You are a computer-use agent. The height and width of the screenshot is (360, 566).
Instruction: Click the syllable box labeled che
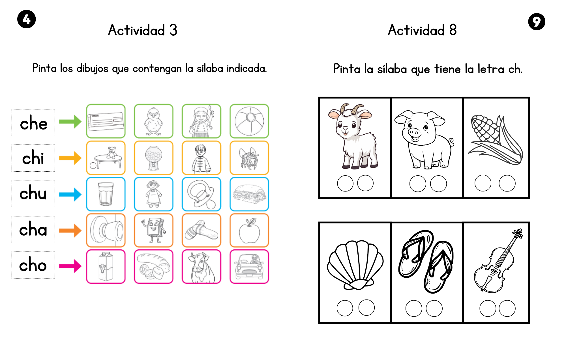tap(33, 123)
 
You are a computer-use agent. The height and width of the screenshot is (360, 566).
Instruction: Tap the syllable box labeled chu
tap(33, 194)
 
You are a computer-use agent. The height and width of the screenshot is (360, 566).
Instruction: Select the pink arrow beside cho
tap(70, 266)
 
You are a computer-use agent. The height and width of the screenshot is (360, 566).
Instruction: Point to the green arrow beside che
tap(70, 122)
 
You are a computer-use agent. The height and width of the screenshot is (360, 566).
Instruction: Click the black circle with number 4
tap(27, 19)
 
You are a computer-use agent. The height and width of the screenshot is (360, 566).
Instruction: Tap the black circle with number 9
tap(537, 21)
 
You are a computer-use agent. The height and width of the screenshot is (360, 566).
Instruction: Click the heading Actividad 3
tap(143, 30)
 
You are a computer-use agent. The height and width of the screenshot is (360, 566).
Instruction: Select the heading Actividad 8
tap(422, 30)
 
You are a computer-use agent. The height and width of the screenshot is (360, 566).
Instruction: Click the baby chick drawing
tap(153, 121)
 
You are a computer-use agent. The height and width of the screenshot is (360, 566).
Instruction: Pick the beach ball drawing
tap(249, 121)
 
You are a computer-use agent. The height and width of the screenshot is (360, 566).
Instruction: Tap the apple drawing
tap(249, 231)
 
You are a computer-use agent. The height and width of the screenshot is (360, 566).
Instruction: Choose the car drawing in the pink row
tap(249, 267)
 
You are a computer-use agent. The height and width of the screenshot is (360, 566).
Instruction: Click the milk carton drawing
tap(106, 267)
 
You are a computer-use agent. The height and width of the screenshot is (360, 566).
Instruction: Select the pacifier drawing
tap(201, 194)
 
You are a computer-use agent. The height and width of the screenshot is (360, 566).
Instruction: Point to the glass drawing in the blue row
tap(106, 194)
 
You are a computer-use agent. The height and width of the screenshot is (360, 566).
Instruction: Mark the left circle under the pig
tap(418, 184)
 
